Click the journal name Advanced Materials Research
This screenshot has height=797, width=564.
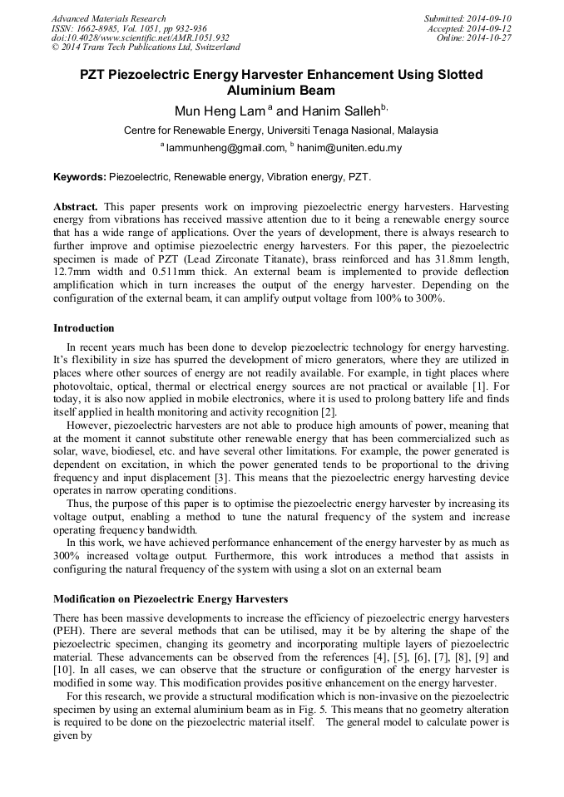108,18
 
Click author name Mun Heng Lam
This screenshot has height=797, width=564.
209,111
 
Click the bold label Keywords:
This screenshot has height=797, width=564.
80,177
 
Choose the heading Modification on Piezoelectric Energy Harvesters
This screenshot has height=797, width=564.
171,598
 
